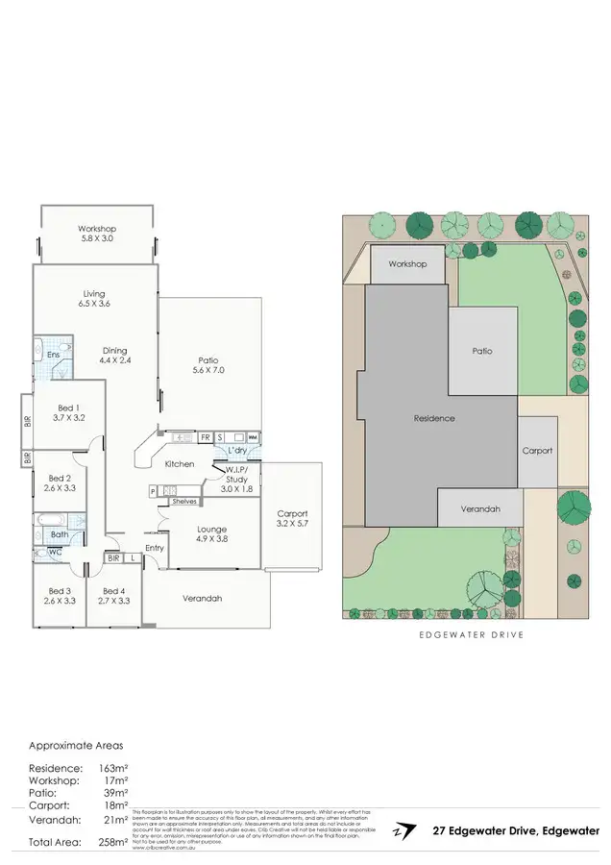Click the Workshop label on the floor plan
coord(96,229)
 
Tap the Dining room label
coord(114,351)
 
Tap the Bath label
coord(59,534)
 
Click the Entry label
coord(155,548)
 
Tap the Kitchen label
coord(180,464)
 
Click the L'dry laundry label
coord(237,450)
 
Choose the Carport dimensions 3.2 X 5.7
coord(292,524)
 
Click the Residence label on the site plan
coord(434,418)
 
